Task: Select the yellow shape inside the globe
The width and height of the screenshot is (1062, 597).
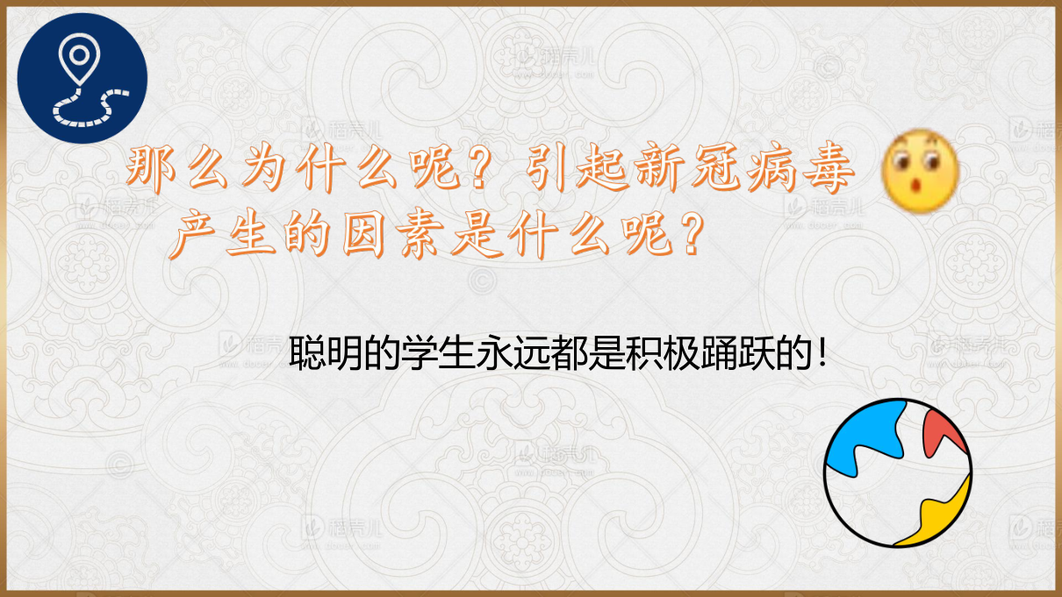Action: coord(936,516)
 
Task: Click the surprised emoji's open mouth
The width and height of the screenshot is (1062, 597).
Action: coord(917,184)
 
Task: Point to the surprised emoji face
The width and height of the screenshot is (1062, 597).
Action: coord(920,171)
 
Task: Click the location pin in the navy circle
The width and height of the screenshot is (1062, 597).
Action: coord(79,58)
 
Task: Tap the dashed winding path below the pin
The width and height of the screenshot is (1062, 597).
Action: coord(88,108)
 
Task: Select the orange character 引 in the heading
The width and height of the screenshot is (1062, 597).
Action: coord(545,169)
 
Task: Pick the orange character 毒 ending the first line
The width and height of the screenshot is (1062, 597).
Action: coord(829,169)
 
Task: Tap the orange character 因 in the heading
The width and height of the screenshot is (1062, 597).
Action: coord(363,234)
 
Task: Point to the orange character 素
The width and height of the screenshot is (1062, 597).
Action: coord(420,234)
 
